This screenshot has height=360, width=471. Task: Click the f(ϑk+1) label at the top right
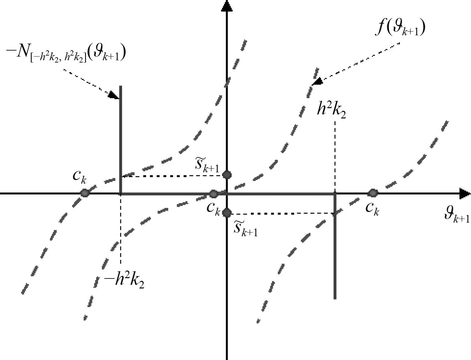(x=401, y=28)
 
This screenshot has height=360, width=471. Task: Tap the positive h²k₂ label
(x=331, y=110)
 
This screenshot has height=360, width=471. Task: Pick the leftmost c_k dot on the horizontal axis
(x=85, y=193)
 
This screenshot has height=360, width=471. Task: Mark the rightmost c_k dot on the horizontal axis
(x=373, y=193)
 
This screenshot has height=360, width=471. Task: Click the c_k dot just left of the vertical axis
(x=213, y=194)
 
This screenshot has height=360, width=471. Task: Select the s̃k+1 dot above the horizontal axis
(x=227, y=175)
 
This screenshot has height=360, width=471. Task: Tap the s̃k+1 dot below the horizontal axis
(x=227, y=212)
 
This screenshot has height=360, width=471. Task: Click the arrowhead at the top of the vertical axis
(x=226, y=6)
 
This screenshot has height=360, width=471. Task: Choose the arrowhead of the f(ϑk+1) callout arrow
(x=317, y=82)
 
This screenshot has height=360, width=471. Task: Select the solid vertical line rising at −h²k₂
(x=121, y=133)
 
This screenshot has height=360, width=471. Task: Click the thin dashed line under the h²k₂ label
(x=335, y=156)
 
